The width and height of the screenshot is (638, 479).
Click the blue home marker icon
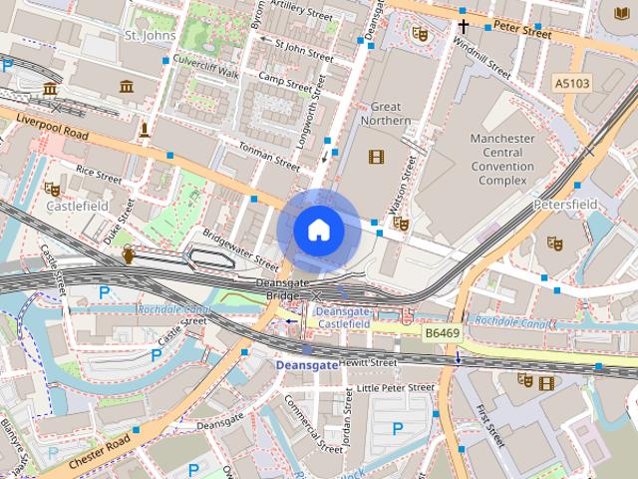coord(319,230)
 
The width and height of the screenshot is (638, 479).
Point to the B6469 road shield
coord(442,332)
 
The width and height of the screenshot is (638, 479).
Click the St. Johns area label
coord(151,35)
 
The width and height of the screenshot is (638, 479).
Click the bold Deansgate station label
coord(306,366)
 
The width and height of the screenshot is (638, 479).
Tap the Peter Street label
coord(523,33)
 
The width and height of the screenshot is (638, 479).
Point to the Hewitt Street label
coord(369,363)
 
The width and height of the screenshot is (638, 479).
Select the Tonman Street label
coord(268,156)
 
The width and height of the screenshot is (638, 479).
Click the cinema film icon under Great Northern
coord(376,156)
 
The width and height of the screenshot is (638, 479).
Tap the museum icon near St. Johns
coord(127,88)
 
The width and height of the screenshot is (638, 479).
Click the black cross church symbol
coord(464,26)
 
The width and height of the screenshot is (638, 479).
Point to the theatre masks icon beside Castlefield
coord(52,188)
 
